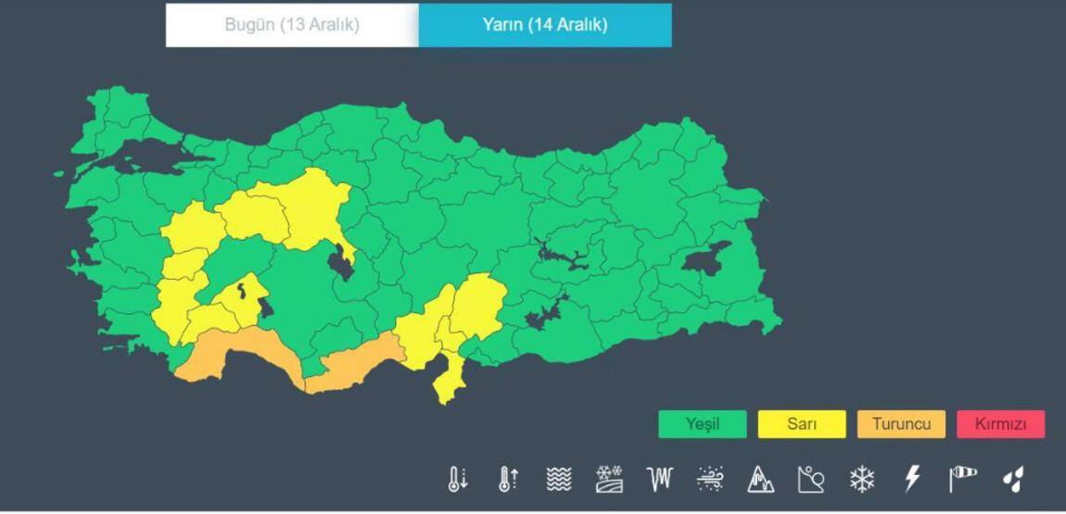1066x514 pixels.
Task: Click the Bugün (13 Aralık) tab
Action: click(292, 25)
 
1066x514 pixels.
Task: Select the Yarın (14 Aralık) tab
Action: click(545, 25)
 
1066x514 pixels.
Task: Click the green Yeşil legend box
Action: click(702, 424)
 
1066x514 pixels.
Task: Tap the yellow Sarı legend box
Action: click(802, 424)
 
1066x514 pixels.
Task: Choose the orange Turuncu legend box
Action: click(901, 424)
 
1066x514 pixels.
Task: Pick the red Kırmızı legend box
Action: click(1000, 424)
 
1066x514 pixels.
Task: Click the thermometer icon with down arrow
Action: click(458, 479)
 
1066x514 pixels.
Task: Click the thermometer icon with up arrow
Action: click(508, 479)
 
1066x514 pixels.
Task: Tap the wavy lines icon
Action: click(558, 479)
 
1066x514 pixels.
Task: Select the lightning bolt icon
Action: click(912, 479)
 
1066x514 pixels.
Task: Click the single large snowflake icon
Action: click(862, 479)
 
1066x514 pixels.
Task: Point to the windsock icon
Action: click(962, 479)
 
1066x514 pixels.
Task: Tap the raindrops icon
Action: click(1013, 479)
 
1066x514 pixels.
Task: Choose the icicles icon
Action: click(659, 479)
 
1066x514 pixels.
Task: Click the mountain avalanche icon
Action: click(760, 479)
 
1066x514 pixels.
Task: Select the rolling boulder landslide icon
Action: click(811, 479)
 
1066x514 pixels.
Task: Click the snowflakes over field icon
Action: click(609, 479)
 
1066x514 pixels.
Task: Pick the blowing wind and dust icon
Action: click(710, 479)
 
